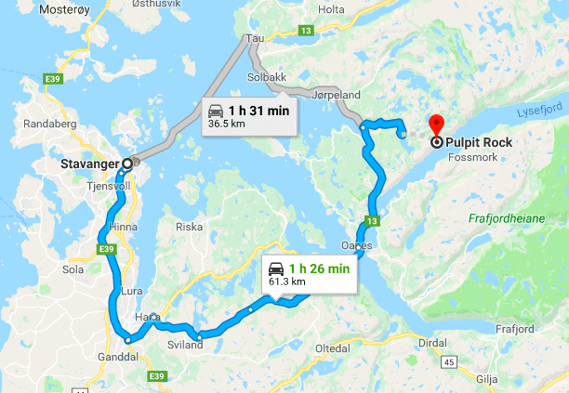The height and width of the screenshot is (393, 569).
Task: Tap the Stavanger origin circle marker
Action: (126, 163)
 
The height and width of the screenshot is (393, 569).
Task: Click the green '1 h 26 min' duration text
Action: (320, 269)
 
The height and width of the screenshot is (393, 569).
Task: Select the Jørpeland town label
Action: (336, 95)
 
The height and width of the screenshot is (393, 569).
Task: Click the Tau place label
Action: (255, 39)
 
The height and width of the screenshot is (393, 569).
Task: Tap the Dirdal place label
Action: (433, 342)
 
